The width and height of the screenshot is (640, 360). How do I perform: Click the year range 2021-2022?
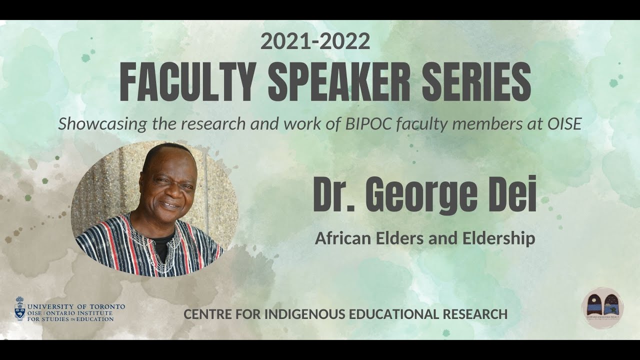tap(315, 41)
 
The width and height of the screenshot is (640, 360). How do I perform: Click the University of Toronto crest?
tap(20, 309)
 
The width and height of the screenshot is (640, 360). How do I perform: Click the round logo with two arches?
tap(602, 308)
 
